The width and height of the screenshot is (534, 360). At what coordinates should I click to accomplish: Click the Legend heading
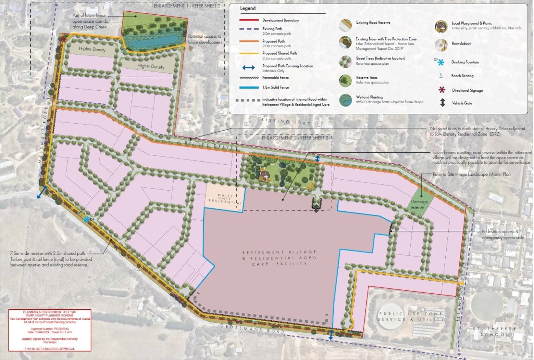click(x=248, y=8)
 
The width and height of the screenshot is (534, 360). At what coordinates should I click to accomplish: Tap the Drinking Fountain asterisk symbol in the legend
click(x=441, y=62)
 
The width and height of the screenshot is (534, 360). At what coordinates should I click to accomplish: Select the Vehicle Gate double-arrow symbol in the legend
click(x=442, y=103)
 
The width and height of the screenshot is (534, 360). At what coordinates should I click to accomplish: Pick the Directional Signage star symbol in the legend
click(x=442, y=90)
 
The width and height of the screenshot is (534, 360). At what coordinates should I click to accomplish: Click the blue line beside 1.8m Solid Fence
click(x=249, y=87)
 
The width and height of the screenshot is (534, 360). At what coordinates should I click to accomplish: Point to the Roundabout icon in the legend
click(x=441, y=45)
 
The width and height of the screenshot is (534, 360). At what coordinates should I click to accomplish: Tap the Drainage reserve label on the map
click(x=419, y=204)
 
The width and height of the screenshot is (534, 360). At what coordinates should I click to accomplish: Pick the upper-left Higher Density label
click(x=92, y=49)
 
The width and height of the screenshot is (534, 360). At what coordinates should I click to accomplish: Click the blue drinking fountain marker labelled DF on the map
click(x=87, y=220)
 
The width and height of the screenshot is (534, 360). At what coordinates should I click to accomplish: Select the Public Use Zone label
click(x=410, y=316)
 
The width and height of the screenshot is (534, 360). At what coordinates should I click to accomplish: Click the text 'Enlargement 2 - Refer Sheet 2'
click(x=295, y=138)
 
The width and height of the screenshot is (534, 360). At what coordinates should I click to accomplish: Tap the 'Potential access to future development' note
click(x=205, y=39)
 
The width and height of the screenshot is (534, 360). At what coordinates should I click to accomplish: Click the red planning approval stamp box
click(x=50, y=330)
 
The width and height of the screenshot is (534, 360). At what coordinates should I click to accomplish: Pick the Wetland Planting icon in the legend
click(x=346, y=100)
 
